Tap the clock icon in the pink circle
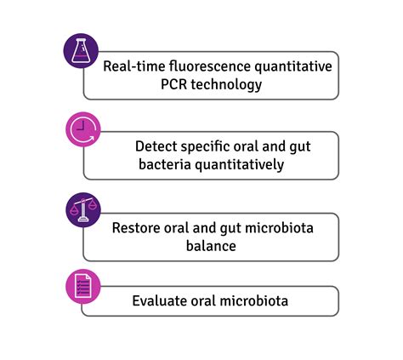[82, 130]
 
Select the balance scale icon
[82, 209]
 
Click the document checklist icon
[82, 288]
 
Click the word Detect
[155, 146]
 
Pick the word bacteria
[162, 164]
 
